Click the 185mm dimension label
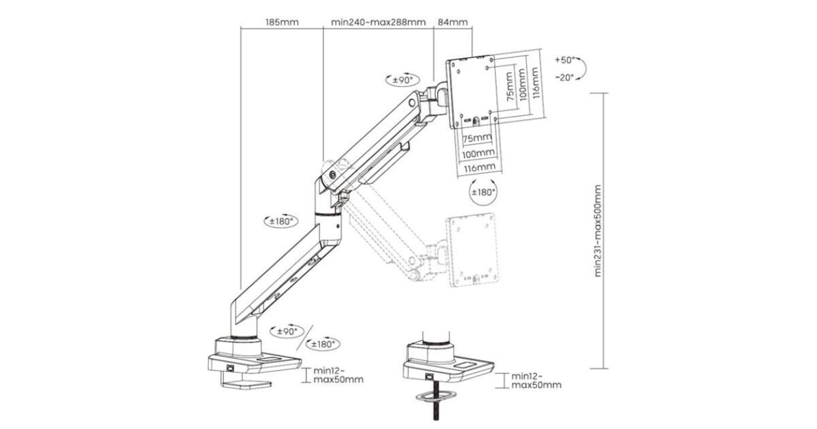pyautogui.click(x=282, y=22)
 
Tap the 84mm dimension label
pyautogui.click(x=453, y=22)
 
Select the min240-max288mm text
pyautogui.click(x=378, y=22)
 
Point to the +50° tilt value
pyautogui.click(x=566, y=59)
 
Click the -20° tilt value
pyautogui.click(x=565, y=77)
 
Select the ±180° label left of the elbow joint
pyautogui.click(x=279, y=221)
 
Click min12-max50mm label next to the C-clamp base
pyautogui.click(x=338, y=375)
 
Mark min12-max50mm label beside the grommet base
pyautogui.click(x=536, y=380)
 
